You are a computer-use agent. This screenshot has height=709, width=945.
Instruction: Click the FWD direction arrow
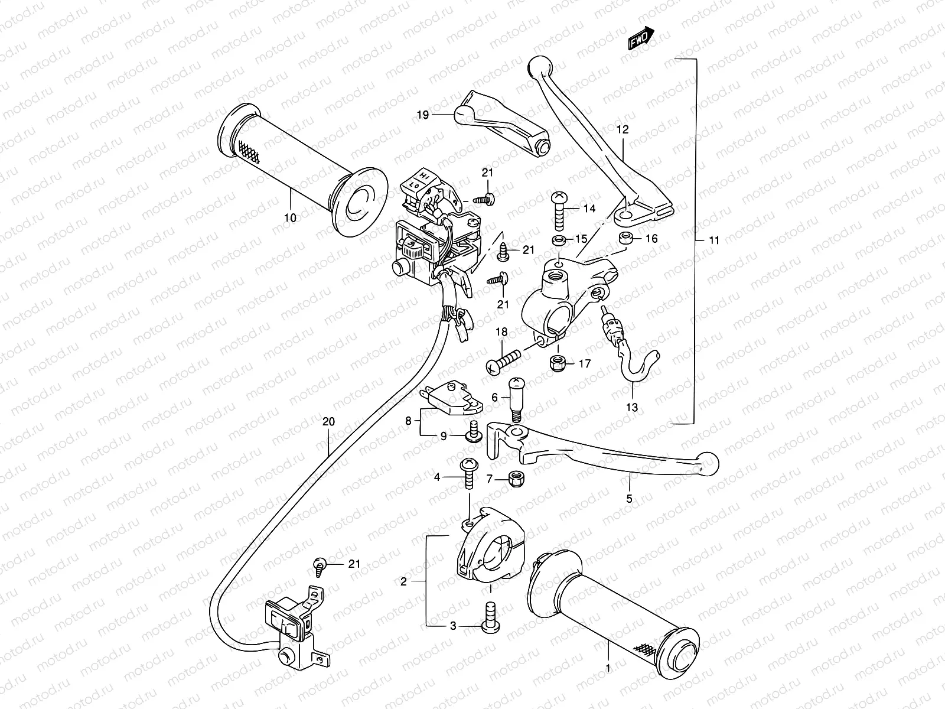coord(641,38)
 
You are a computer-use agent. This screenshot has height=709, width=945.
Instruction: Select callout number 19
coord(423,115)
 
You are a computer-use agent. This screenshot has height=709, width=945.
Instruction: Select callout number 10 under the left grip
coord(289,218)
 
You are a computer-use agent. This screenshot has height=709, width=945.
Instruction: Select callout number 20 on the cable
coord(328,421)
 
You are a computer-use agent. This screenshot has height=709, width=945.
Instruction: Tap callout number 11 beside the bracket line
coord(715,240)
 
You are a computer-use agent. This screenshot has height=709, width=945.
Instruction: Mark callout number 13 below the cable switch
coord(631,407)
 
